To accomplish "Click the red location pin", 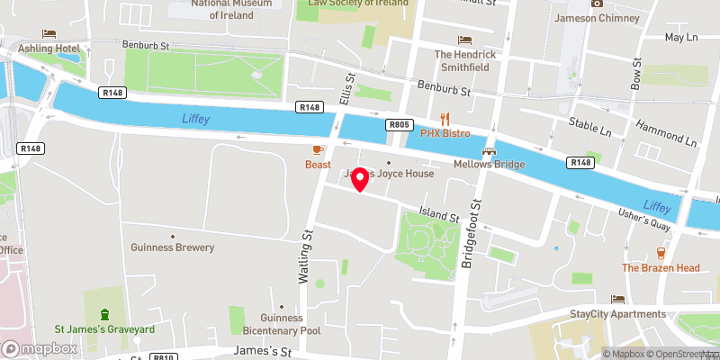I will (360, 179).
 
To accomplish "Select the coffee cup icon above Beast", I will (318, 150).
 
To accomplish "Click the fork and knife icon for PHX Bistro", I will (445, 119).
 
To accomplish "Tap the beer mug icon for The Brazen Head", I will (661, 253).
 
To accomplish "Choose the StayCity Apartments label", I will (618, 314).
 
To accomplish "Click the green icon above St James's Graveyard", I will (105, 314).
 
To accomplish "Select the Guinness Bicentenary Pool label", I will (282, 324).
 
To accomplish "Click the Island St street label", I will (438, 217).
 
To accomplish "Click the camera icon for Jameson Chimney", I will (596, 4).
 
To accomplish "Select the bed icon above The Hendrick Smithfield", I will (464, 40).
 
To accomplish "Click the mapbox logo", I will (37, 348).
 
